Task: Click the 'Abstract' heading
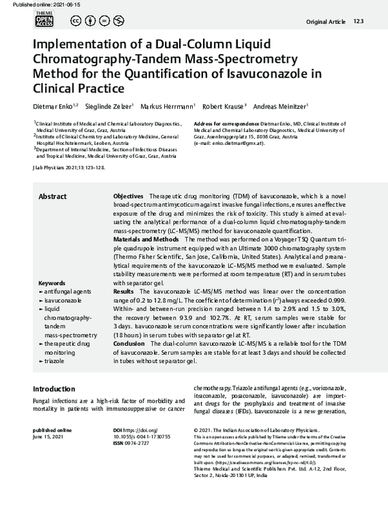tap(52, 196)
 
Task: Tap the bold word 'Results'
tap(124, 292)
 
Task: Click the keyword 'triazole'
tap(56, 361)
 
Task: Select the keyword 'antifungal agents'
tap(67, 293)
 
